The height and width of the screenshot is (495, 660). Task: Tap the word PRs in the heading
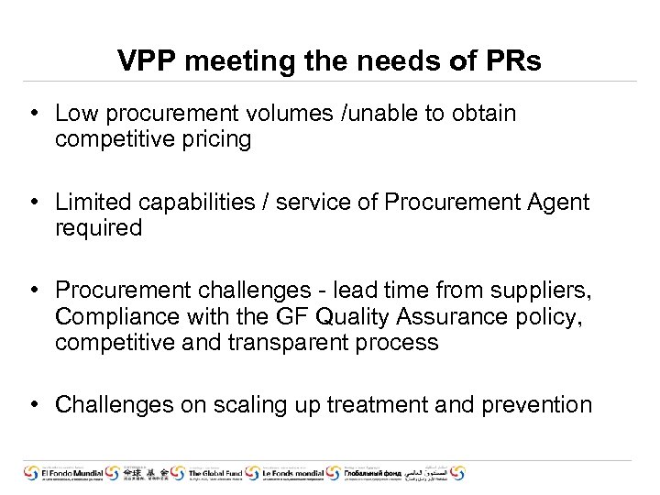tap(516, 61)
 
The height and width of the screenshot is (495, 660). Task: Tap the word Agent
tap(558, 203)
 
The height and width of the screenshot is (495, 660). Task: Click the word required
tap(98, 227)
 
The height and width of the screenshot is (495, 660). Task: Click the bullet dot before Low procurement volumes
tap(32, 114)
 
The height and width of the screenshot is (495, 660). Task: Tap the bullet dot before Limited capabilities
tap(32, 203)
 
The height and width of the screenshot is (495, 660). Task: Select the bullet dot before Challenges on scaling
tap(32, 405)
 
